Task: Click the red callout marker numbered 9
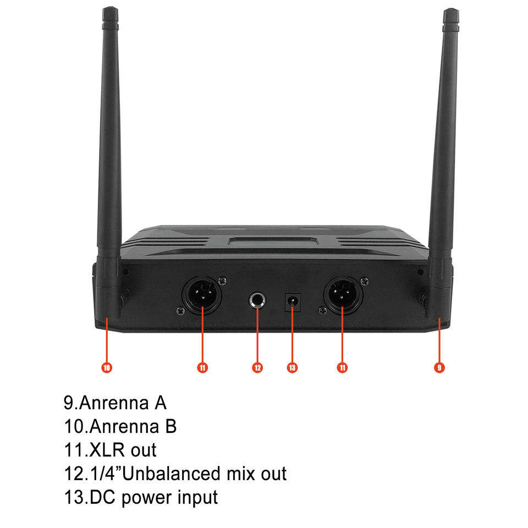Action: tap(439, 367)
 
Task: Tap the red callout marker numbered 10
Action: tap(107, 367)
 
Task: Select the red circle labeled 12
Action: tap(257, 367)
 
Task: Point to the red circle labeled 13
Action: tap(292, 367)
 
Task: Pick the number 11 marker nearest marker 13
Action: tap(343, 367)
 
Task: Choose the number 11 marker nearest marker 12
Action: tap(203, 367)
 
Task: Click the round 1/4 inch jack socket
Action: tap(257, 301)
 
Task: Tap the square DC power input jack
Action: tap(292, 301)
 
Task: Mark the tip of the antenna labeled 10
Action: tap(110, 11)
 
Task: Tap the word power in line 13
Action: tap(147, 498)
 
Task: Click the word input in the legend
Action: tap(197, 497)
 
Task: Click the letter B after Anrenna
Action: tap(170, 426)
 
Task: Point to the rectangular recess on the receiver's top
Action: tap(273, 240)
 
